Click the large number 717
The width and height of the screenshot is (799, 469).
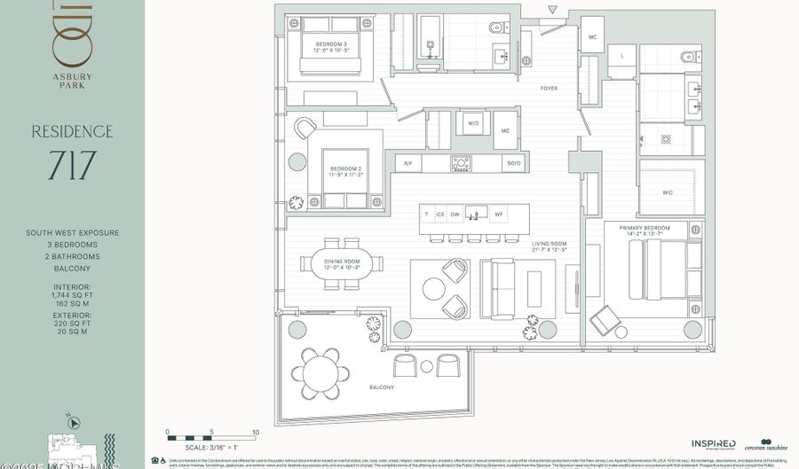point(72,167)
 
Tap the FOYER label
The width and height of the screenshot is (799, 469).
point(549,89)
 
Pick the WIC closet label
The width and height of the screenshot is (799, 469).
point(667,191)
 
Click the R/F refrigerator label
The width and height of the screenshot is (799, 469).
point(408,164)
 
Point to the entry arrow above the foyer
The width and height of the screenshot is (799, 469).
point(553,11)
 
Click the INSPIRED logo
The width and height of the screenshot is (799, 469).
point(714,443)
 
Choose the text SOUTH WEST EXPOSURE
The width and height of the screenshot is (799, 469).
point(72,233)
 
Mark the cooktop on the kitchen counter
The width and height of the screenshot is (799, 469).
point(462,163)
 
